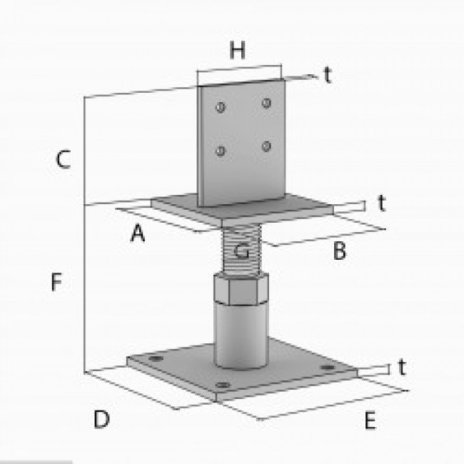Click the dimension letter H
[x=238, y=51]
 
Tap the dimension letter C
[x=63, y=160]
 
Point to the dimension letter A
[x=138, y=233]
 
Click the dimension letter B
[x=340, y=251]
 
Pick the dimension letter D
[x=101, y=420]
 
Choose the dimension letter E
[x=369, y=420]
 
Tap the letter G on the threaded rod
[x=242, y=251]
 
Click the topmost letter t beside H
[x=327, y=76]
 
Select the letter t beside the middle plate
[x=382, y=203]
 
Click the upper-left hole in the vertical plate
[x=220, y=108]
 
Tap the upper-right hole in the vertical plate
[x=266, y=104]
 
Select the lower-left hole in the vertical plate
[x=221, y=151]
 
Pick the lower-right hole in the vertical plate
[x=266, y=147]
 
